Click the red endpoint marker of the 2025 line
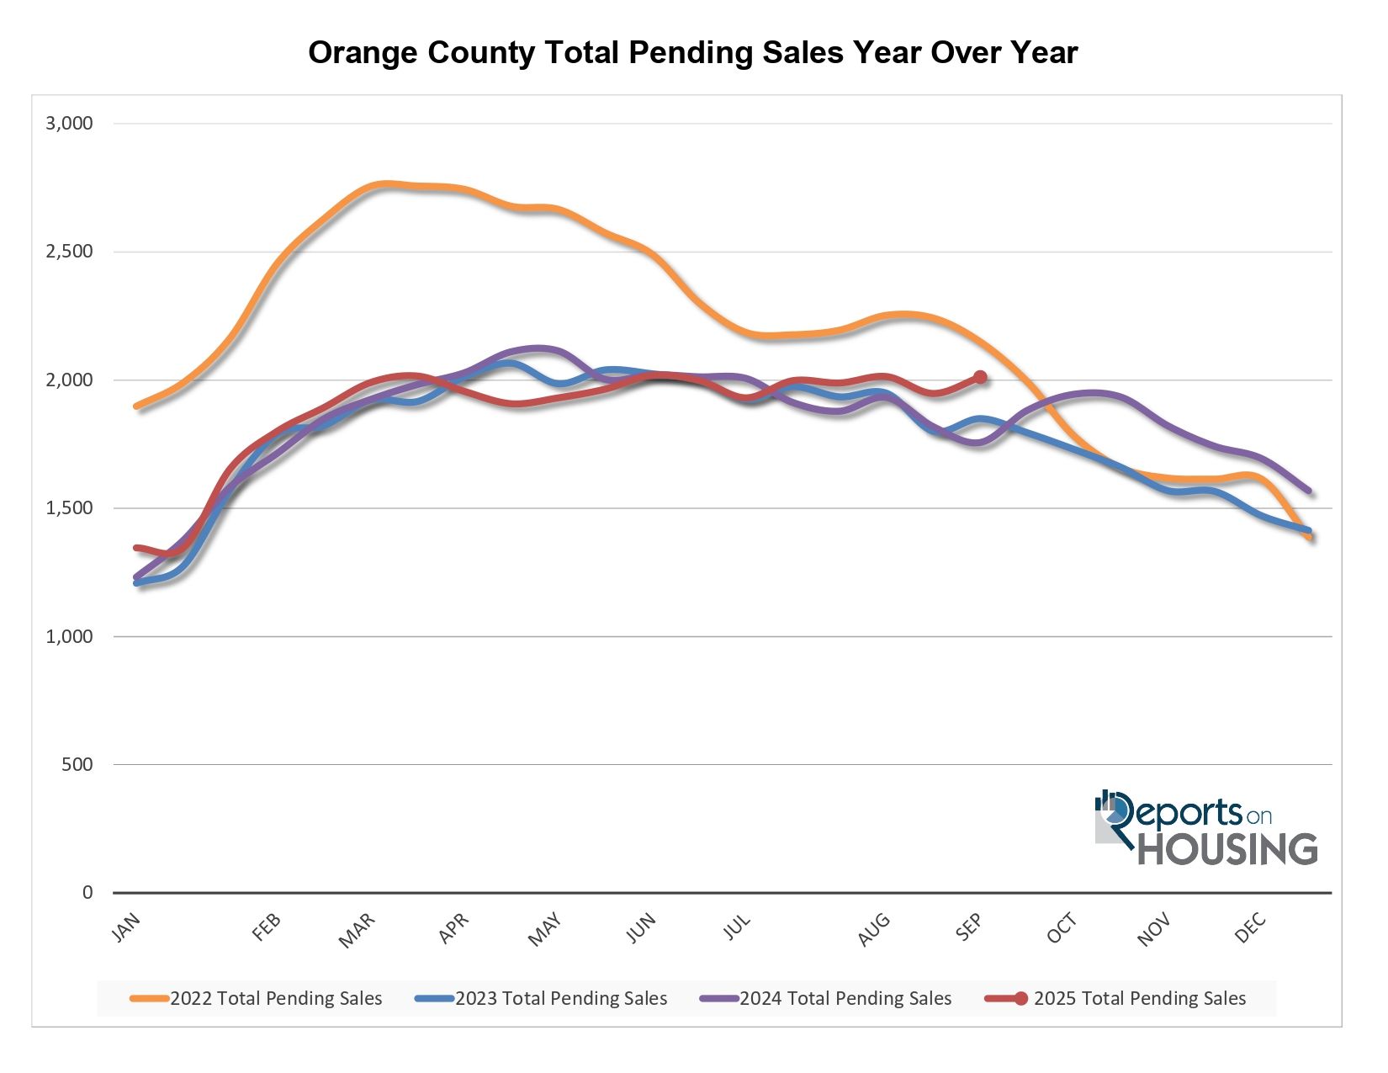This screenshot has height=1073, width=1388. click(x=980, y=377)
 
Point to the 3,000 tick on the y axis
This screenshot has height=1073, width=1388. click(x=69, y=124)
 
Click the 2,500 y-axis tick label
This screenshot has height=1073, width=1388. click(x=69, y=252)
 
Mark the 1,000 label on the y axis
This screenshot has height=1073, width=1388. click(x=69, y=637)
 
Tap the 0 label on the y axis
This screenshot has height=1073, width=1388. click(x=87, y=893)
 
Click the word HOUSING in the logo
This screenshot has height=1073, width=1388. click(x=1227, y=848)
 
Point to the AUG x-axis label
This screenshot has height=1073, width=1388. click(x=874, y=929)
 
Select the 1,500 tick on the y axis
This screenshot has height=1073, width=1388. click(x=69, y=508)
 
